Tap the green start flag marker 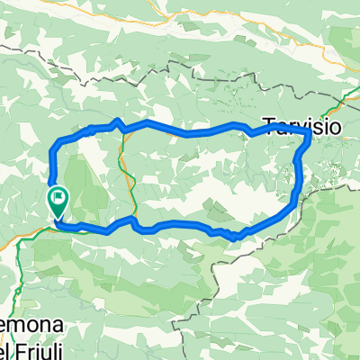tap(58, 201)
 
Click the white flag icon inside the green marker tap(59, 195)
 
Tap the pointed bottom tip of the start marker tap(58, 219)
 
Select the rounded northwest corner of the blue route tap(58, 144)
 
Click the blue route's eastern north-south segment tap(297, 175)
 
